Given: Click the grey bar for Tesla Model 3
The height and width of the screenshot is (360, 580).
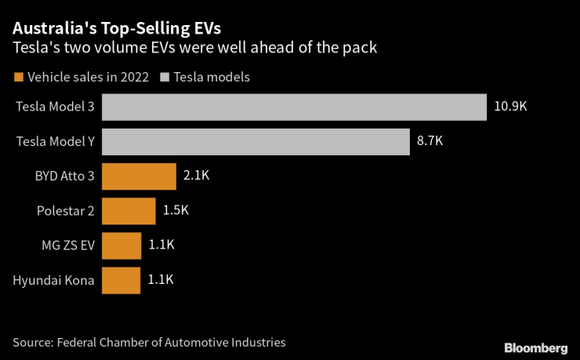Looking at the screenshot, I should pos(294,107).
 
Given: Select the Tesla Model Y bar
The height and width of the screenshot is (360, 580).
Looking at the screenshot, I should pos(256,142).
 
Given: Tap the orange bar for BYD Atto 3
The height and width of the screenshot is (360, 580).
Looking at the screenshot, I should pos(139,176).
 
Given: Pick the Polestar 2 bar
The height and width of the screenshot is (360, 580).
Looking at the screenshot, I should pos(129,210).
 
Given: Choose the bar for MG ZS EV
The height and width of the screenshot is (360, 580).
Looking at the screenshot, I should pos(121,245).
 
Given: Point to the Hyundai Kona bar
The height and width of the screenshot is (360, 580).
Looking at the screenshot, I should pos(121,279).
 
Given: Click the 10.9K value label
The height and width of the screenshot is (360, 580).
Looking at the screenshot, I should pos(511,107).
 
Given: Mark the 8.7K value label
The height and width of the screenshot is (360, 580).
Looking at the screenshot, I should pos(430,142).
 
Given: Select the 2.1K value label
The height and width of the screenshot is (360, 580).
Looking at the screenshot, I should pos(196,176).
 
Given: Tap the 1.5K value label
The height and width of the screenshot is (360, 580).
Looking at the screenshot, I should pos(176,210).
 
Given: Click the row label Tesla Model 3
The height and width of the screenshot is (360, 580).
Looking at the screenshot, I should pos(55,107).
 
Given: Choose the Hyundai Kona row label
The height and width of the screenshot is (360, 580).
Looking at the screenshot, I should pos(53,279).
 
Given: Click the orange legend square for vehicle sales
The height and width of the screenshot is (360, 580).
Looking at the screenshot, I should pos(18,77).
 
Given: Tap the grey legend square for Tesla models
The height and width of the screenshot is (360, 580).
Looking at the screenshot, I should pos(165,77).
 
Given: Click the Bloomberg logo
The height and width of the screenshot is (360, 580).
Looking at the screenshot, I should pos(535,347).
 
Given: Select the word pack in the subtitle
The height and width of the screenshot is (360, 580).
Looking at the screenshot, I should pos(363,48).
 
